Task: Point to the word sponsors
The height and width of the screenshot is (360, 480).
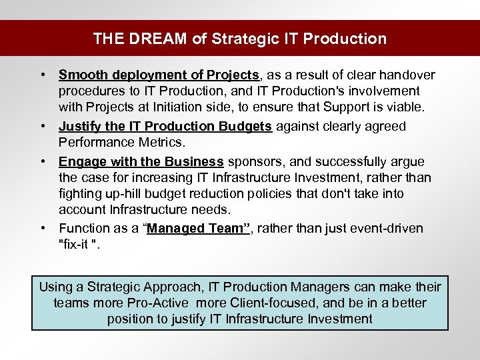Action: coord(253,161)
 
